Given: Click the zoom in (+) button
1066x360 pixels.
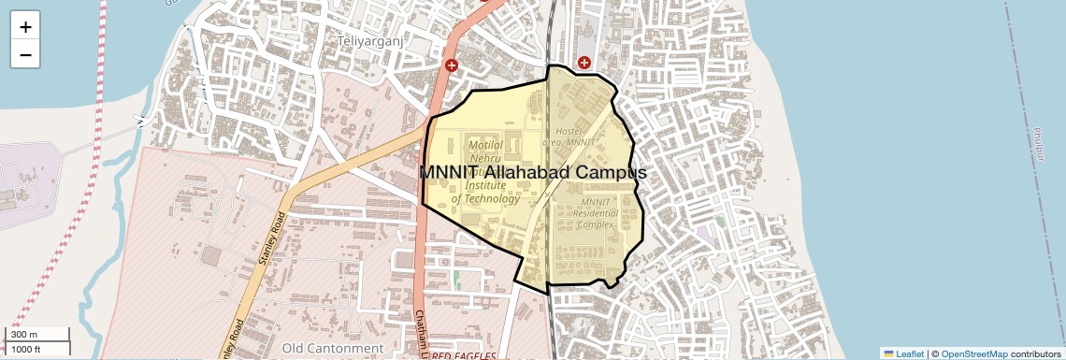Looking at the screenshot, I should (x=25, y=26).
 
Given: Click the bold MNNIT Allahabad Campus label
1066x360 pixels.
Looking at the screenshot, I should (x=532, y=173).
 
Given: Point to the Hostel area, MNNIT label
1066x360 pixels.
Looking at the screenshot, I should (x=574, y=137).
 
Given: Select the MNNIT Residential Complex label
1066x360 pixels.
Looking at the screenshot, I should (x=596, y=213).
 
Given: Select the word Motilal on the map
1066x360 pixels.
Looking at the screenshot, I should (x=486, y=145).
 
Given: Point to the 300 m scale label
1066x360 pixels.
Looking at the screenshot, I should (x=25, y=335).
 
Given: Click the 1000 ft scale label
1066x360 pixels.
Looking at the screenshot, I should (x=25, y=350).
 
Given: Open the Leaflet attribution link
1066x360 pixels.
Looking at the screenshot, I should (x=903, y=353).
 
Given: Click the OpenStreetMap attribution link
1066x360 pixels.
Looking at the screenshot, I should (x=974, y=353).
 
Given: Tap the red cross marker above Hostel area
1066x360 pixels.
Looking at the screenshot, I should (x=584, y=63).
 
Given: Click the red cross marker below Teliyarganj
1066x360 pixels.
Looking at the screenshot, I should (x=452, y=65).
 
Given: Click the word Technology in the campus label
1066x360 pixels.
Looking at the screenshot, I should (x=485, y=198).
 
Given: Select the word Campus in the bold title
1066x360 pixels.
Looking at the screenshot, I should (x=610, y=173).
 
